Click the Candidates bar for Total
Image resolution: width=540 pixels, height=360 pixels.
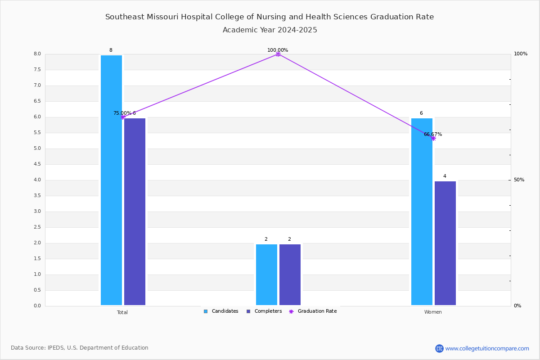click(x=111, y=180)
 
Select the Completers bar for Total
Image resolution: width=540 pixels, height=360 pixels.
click(x=135, y=211)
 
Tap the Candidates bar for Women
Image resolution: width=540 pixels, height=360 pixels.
click(x=422, y=211)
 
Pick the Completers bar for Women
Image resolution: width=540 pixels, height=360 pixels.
click(x=445, y=243)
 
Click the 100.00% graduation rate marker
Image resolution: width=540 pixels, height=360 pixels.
click(x=278, y=54)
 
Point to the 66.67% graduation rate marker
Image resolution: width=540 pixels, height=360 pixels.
click(x=433, y=138)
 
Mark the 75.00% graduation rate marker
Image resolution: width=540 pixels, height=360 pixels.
click(x=122, y=117)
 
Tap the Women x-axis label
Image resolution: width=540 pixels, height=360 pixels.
click(x=433, y=312)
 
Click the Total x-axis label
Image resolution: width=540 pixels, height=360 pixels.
click(x=122, y=312)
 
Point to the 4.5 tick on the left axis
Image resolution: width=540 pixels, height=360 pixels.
click(x=37, y=164)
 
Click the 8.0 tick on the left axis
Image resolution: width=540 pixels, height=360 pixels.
click(x=37, y=54)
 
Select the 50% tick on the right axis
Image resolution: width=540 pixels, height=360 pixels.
click(x=519, y=180)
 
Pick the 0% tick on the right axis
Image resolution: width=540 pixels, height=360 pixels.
click(x=517, y=306)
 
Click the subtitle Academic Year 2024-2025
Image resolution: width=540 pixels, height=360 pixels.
click(x=270, y=30)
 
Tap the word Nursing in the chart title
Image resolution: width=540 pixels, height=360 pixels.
click(x=268, y=17)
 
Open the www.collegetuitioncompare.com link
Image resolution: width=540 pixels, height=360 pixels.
click(x=487, y=348)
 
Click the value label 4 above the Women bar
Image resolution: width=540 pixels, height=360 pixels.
click(x=445, y=176)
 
